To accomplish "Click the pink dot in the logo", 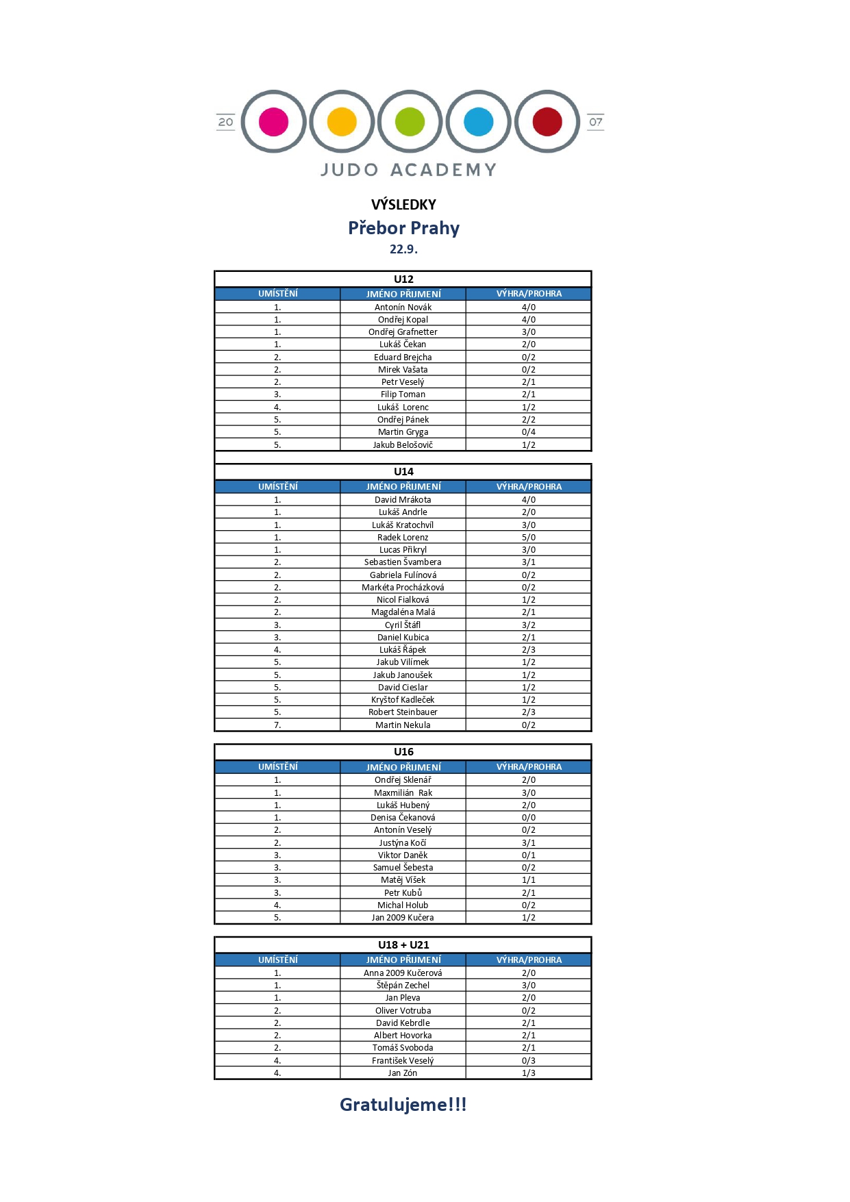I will [x=273, y=122].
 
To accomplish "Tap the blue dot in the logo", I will [x=478, y=122].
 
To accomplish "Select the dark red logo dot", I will [x=547, y=122].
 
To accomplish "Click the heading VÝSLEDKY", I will [x=403, y=204].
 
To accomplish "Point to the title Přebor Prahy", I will [x=403, y=228].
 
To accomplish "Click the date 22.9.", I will [x=403, y=249].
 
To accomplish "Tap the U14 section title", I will [x=403, y=471].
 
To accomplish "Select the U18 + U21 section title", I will [x=403, y=944].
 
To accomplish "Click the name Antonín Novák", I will [x=403, y=308].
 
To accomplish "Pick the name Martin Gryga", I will [x=403, y=432].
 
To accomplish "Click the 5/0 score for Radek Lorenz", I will [x=529, y=538].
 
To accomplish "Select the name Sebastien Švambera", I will [x=403, y=562].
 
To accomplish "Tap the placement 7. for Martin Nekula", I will [x=277, y=725].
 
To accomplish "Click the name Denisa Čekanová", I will [x=403, y=818].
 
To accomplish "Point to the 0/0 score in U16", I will [x=529, y=818].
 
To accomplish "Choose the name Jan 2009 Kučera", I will [x=403, y=918].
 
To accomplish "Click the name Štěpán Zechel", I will [x=403, y=986].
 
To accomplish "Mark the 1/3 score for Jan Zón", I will [x=529, y=1073].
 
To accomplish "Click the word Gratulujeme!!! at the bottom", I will [x=403, y=1105].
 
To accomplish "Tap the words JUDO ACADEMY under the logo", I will [x=408, y=170].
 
